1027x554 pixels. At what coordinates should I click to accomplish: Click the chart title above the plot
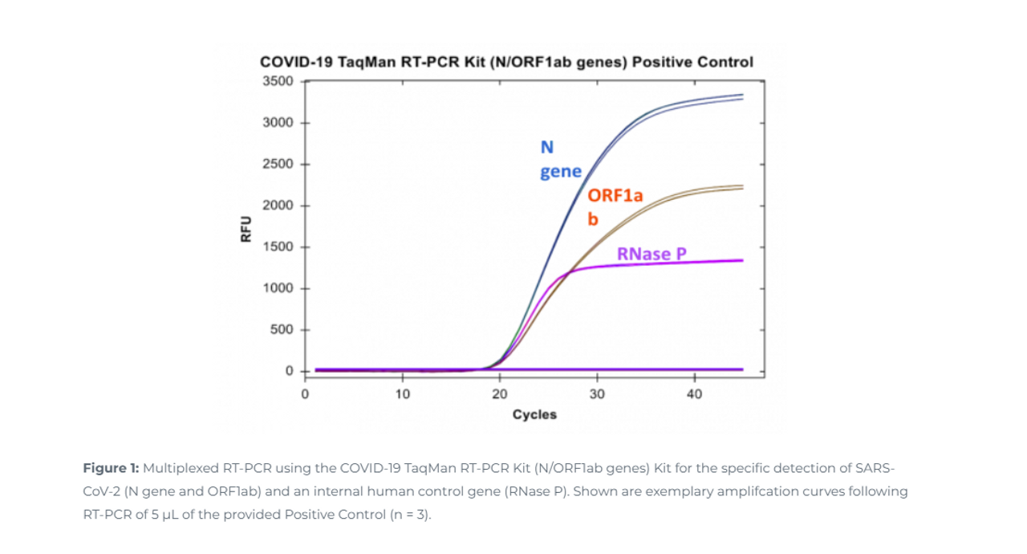click(506, 62)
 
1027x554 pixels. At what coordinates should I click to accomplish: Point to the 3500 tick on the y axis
click(278, 81)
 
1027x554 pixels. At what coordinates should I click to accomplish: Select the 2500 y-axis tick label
click(278, 165)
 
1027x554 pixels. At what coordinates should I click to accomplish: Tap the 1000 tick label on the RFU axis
click(278, 288)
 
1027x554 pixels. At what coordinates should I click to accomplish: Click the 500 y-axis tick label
click(282, 330)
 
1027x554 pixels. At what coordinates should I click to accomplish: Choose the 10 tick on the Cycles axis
click(402, 394)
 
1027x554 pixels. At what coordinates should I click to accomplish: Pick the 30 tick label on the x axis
click(597, 394)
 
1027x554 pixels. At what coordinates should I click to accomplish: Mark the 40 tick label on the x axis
click(694, 394)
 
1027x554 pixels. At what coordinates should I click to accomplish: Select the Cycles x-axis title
click(534, 414)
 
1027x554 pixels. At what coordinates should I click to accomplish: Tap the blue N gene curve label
click(559, 159)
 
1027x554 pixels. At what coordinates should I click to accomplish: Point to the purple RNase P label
click(652, 255)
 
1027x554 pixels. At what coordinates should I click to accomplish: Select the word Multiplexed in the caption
click(177, 467)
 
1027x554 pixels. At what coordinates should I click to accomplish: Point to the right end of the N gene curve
click(742, 96)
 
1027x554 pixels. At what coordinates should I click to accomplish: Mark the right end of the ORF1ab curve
click(742, 187)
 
